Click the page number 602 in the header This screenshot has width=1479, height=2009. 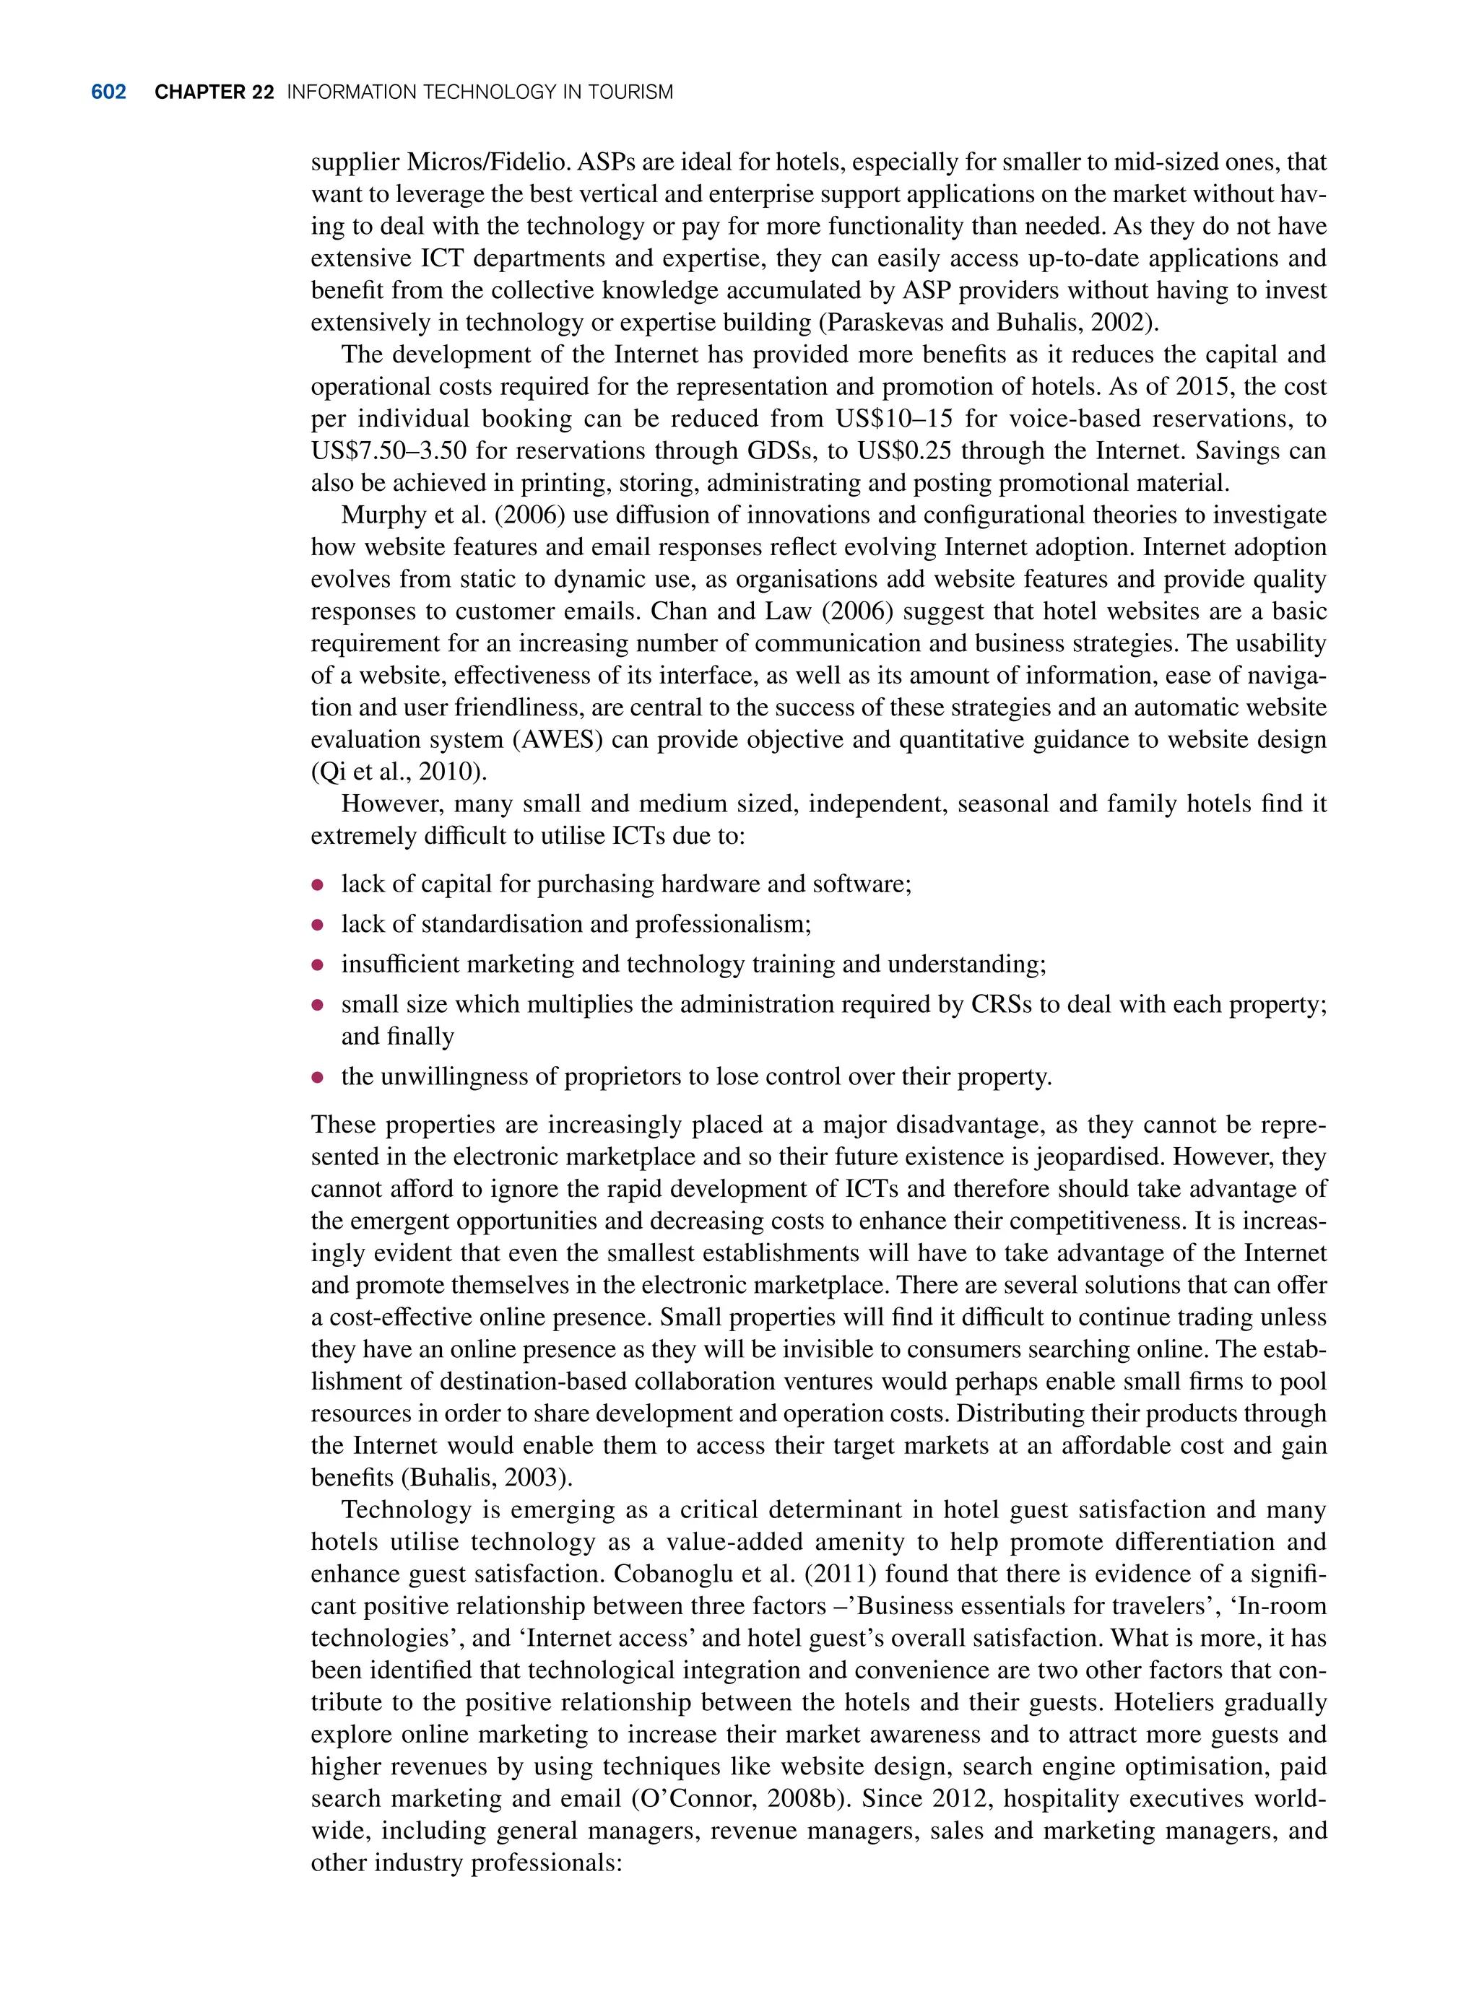108,92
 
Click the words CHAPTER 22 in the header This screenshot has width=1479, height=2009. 214,92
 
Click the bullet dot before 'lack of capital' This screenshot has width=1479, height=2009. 317,885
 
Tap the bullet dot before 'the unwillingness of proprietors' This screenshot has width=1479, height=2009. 317,1078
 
